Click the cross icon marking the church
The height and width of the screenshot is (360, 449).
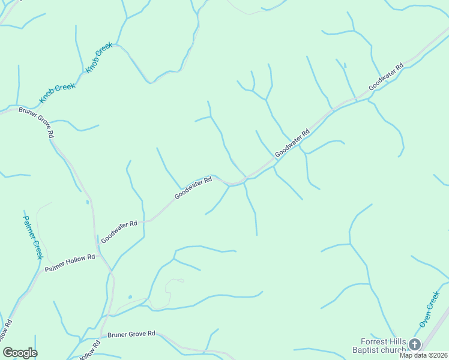point(415,344)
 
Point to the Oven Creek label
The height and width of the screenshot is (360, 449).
point(430,309)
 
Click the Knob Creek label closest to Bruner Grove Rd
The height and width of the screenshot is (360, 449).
point(57,91)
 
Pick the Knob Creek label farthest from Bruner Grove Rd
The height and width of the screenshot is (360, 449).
point(100,58)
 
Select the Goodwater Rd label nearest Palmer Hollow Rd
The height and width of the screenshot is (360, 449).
point(119,231)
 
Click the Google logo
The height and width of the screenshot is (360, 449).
point(20,353)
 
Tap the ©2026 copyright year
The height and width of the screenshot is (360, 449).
point(438,355)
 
